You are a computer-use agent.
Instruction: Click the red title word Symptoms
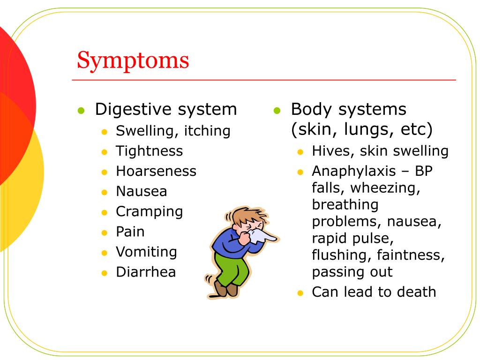pyautogui.click(x=133, y=60)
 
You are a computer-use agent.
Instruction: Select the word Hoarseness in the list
pyautogui.click(x=156, y=171)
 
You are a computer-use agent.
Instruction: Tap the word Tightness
pyautogui.click(x=149, y=151)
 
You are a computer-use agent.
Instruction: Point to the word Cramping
pyautogui.click(x=149, y=211)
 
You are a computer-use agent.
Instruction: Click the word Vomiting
pyautogui.click(x=146, y=252)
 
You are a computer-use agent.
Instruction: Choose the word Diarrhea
pyautogui.click(x=146, y=272)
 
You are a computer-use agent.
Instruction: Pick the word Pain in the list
pyautogui.click(x=130, y=232)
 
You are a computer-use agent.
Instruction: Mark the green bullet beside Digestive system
pyautogui.click(x=82, y=111)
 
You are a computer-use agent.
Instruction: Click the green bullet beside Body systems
pyautogui.click(x=277, y=111)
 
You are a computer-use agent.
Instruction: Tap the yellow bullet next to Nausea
pyautogui.click(x=105, y=192)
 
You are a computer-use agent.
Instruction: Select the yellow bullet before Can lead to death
pyautogui.click(x=300, y=293)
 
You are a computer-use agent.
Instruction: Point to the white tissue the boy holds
pyautogui.click(x=262, y=234)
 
